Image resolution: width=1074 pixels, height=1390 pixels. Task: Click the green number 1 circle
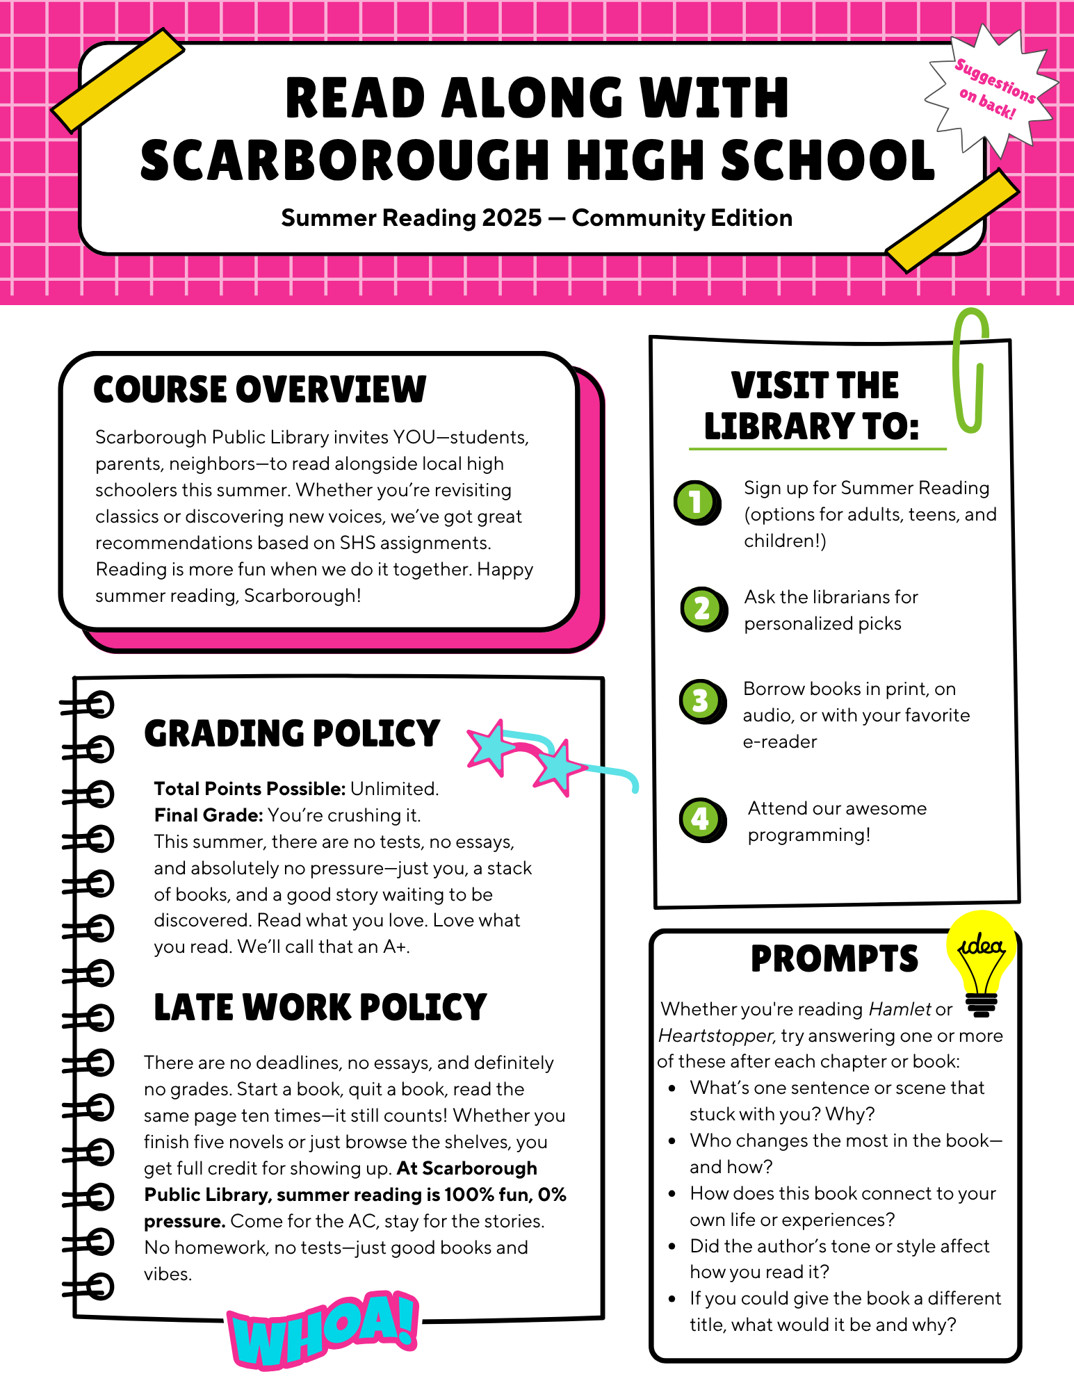[696, 501]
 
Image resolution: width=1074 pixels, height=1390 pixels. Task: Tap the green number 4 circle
[701, 819]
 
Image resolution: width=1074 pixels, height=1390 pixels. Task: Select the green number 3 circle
[701, 701]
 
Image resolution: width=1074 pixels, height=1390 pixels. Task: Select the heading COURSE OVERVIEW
[259, 389]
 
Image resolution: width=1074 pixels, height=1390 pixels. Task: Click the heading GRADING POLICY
[292, 734]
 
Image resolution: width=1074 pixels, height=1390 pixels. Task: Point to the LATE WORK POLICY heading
[320, 1008]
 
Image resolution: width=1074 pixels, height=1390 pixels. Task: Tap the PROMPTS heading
[834, 959]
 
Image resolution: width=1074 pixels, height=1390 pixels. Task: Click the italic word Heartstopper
[715, 1036]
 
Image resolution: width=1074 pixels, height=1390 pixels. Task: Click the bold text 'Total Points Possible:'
[250, 789]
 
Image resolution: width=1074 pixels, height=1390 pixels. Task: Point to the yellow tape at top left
[118, 80]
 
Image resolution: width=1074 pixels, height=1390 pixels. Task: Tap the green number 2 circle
[701, 609]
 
